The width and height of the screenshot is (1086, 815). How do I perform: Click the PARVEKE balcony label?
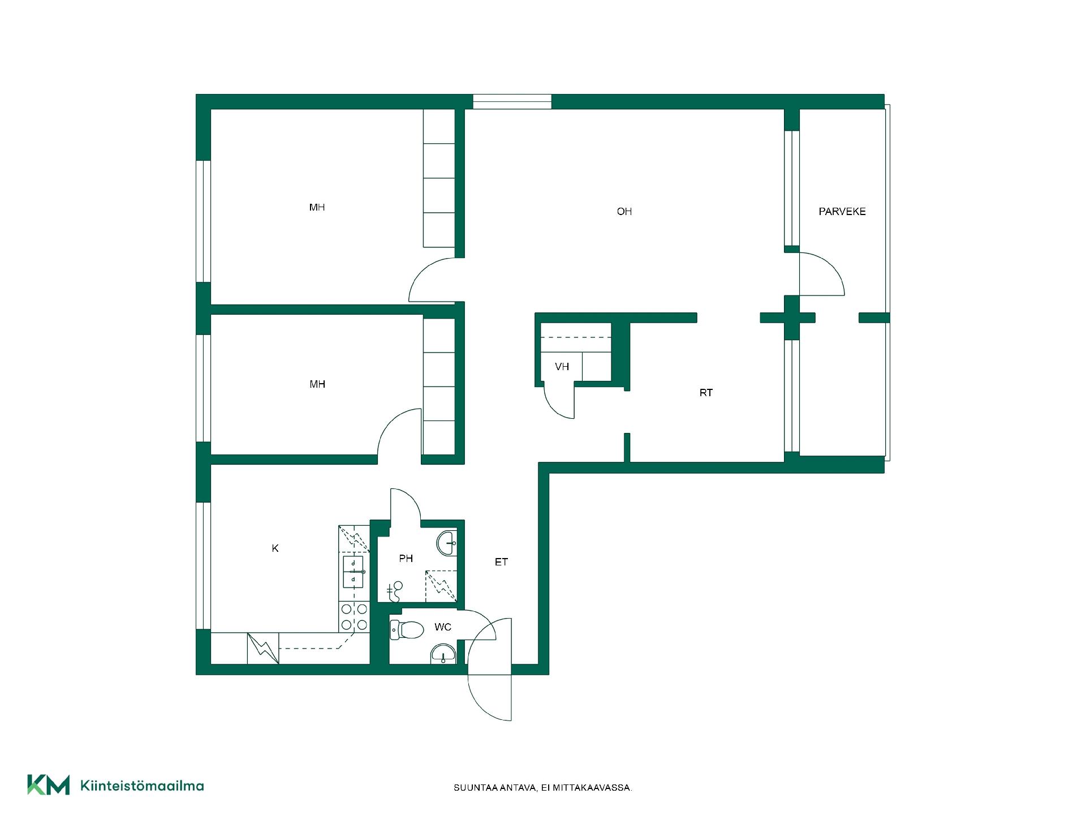pyautogui.click(x=842, y=212)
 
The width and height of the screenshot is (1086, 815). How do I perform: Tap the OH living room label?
pyautogui.click(x=624, y=212)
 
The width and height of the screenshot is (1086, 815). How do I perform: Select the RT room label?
pyautogui.click(x=706, y=393)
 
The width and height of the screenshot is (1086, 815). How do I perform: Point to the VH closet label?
pyautogui.click(x=562, y=367)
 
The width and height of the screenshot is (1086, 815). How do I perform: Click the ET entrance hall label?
pyautogui.click(x=501, y=562)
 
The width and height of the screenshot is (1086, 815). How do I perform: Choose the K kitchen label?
pyautogui.click(x=275, y=548)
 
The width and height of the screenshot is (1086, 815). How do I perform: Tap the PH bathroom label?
pyautogui.click(x=406, y=559)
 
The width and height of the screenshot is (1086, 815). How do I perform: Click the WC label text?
pyautogui.click(x=443, y=627)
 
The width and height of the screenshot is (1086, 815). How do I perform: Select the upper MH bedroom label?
pyautogui.click(x=317, y=208)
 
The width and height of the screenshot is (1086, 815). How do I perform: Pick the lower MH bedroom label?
pyautogui.click(x=317, y=385)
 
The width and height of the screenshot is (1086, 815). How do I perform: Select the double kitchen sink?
pyautogui.click(x=354, y=572)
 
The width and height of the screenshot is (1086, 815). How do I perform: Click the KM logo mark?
pyautogui.click(x=49, y=784)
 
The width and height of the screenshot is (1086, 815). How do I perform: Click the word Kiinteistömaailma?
pyautogui.click(x=142, y=786)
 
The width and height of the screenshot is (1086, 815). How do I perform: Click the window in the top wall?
pyautogui.click(x=512, y=102)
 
